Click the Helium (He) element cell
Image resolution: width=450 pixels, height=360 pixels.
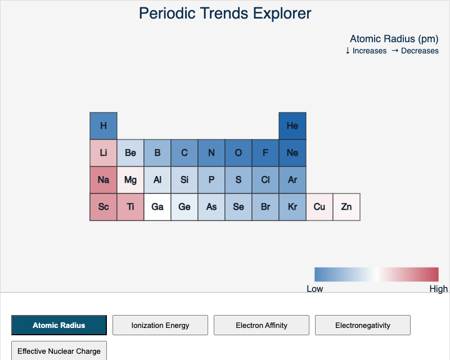coord(292,126)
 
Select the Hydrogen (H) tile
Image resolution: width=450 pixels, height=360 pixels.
coord(103,126)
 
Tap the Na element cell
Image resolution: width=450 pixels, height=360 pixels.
coord(103,180)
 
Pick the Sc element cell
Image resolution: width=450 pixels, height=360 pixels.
coord(103,207)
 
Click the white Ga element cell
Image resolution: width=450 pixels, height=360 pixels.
coord(157,207)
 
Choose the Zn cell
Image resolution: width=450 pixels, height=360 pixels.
coord(346,207)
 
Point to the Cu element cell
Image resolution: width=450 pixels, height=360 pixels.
coord(319,207)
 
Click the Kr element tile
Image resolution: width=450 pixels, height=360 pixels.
coord(292,207)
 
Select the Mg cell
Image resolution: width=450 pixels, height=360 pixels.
coord(130,180)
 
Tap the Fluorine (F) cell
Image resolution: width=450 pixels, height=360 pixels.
coord(265,153)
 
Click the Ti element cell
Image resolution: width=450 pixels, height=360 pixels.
coord(130,207)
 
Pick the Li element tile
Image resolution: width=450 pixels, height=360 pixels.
coord(103,153)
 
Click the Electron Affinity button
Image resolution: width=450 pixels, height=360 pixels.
coord(262,325)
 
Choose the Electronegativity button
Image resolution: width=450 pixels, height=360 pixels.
coord(363,325)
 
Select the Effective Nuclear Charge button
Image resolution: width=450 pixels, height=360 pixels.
coord(59,351)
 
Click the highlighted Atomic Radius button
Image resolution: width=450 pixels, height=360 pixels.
coord(59,325)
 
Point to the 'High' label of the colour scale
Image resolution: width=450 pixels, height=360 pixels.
coord(438,289)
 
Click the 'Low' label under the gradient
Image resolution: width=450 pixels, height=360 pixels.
coord(315,289)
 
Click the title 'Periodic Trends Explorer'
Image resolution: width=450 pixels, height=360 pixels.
coord(225,13)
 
